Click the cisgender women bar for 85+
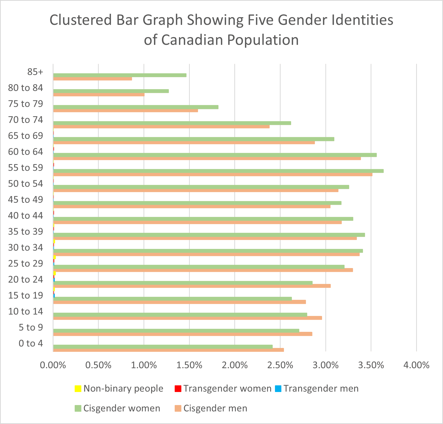pyautogui.click(x=120, y=75)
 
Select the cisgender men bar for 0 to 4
pyautogui.click(x=168, y=350)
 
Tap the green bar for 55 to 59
pyautogui.click(x=218, y=171)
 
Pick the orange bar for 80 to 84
pyautogui.click(x=99, y=95)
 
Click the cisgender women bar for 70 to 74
pyautogui.click(x=172, y=123)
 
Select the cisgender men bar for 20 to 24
pyautogui.click(x=192, y=286)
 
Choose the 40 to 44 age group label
pyautogui.click(x=26, y=216)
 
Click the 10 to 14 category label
pyautogui.click(x=26, y=311)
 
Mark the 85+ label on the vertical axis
pyautogui.click(x=35, y=72)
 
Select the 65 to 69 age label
pyautogui.click(x=26, y=136)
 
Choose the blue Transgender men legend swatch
pyautogui.click(x=278, y=389)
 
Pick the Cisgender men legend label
pyautogui.click(x=215, y=408)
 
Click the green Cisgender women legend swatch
pyautogui.click(x=78, y=408)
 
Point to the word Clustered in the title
pyautogui.click(x=81, y=20)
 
